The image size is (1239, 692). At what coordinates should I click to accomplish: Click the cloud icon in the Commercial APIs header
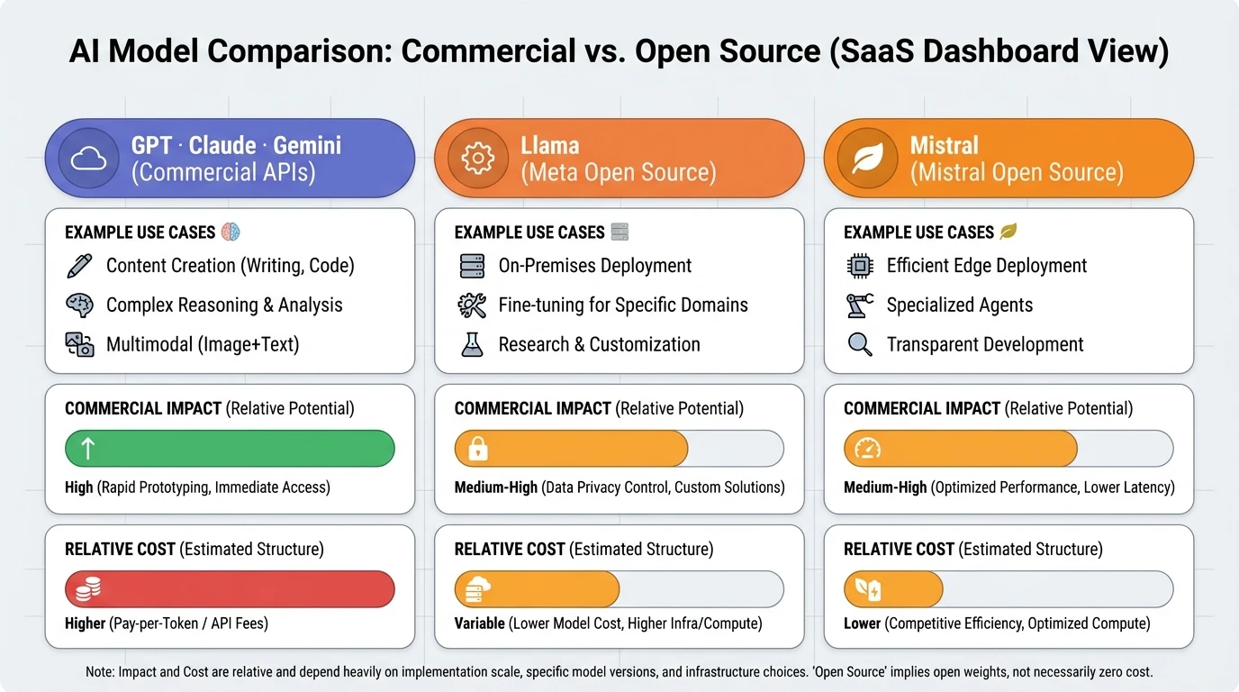(87, 159)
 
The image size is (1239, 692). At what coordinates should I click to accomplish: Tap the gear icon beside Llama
(477, 159)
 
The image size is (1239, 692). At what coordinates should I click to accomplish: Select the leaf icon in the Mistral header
(866, 159)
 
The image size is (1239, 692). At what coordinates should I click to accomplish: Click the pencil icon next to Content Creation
(80, 266)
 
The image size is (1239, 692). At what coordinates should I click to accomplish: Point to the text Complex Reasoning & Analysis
(224, 305)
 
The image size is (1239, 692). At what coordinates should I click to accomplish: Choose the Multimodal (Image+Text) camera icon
(80, 344)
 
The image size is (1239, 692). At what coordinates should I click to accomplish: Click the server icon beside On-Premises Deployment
(472, 266)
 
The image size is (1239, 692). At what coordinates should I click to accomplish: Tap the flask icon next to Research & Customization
(472, 344)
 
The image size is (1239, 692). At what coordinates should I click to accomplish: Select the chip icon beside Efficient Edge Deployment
(860, 266)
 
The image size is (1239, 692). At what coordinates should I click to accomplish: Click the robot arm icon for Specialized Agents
(860, 305)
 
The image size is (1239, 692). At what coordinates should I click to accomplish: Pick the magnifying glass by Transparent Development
(860, 344)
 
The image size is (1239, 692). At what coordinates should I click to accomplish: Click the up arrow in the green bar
(88, 449)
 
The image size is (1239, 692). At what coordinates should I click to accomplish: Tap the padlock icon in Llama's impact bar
(478, 449)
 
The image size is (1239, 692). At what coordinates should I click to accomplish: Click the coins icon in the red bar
(88, 589)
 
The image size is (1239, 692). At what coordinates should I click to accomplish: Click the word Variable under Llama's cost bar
(479, 624)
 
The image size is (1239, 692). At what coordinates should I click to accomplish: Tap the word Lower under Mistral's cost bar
(862, 624)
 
